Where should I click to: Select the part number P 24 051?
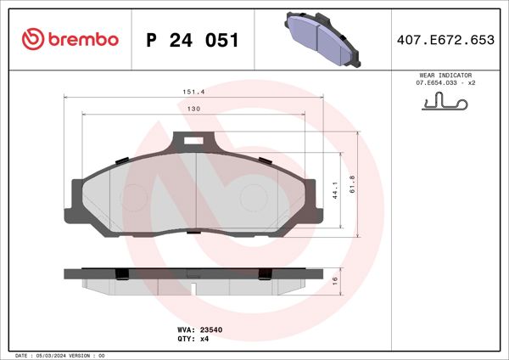[193, 40]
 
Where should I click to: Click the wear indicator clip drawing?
[444, 104]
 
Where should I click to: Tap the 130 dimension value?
[194, 110]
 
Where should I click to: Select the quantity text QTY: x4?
[193, 338]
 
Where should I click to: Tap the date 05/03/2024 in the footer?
[53, 355]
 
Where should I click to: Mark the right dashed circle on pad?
[254, 199]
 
